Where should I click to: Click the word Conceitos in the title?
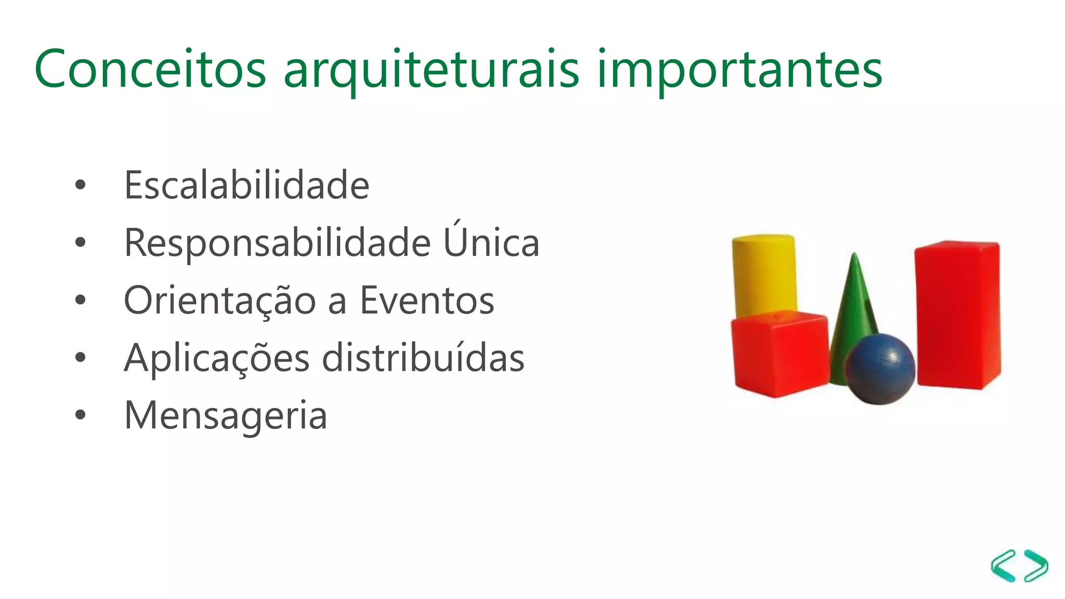click(x=150, y=69)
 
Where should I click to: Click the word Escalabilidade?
click(x=246, y=185)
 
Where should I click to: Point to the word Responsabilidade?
click(x=278, y=243)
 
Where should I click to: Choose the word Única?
click(x=491, y=241)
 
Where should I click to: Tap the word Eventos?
click(x=427, y=301)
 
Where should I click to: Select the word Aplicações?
click(x=217, y=359)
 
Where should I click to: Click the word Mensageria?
click(x=226, y=416)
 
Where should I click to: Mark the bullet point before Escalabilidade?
click(x=80, y=185)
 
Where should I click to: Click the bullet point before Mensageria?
click(x=80, y=415)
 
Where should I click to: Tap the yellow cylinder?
click(x=763, y=273)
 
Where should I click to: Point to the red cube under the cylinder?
click(x=778, y=354)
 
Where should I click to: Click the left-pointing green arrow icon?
click(x=1004, y=565)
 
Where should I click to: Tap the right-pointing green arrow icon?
click(x=1036, y=565)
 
